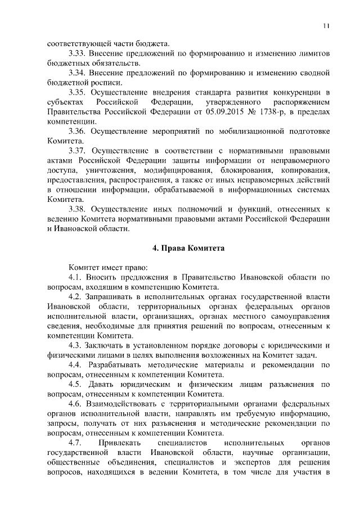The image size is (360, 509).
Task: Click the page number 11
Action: click(x=326, y=25)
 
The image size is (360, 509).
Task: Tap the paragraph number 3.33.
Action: click(x=77, y=53)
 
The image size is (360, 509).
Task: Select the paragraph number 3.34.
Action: click(x=77, y=73)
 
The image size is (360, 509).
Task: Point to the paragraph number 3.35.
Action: click(x=77, y=92)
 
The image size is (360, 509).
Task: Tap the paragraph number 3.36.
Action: click(x=77, y=132)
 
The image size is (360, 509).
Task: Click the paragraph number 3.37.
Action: click(x=77, y=151)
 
